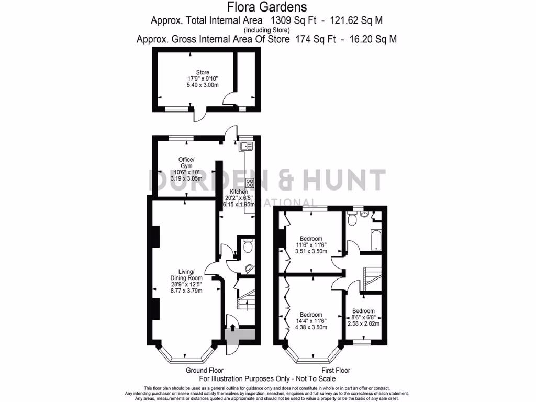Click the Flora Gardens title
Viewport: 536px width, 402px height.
(x=267, y=7)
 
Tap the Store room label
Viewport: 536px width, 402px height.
(x=203, y=72)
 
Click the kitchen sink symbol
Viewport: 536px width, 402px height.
(x=247, y=147)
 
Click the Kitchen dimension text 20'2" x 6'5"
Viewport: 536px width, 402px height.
(x=239, y=198)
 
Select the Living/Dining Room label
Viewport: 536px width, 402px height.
(x=186, y=274)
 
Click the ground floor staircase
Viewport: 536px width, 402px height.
(x=245, y=296)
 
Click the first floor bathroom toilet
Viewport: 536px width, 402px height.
(x=353, y=220)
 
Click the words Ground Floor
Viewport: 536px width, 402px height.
(x=205, y=371)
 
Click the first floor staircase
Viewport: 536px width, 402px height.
(x=373, y=275)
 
